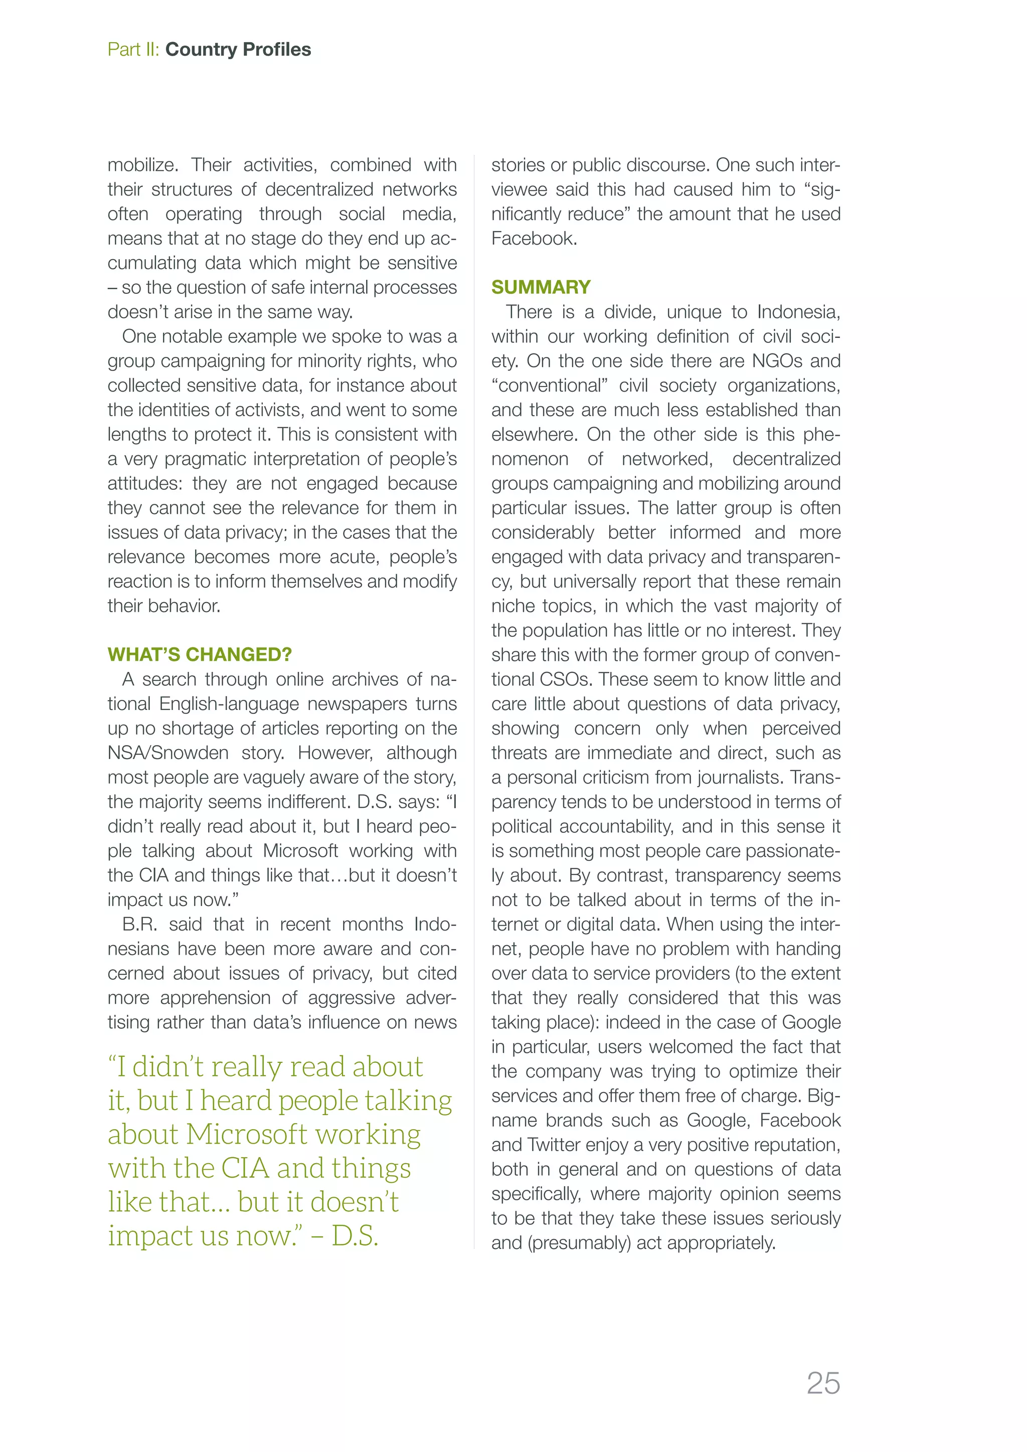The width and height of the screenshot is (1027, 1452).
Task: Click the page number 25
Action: [823, 1383]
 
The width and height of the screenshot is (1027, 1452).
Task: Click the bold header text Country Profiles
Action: [238, 49]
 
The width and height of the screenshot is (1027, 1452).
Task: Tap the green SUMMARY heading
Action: [541, 287]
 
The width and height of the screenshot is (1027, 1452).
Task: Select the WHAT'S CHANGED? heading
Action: [199, 654]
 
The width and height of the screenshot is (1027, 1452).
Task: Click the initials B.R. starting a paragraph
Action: [138, 924]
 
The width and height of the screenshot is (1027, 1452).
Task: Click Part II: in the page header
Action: [133, 49]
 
